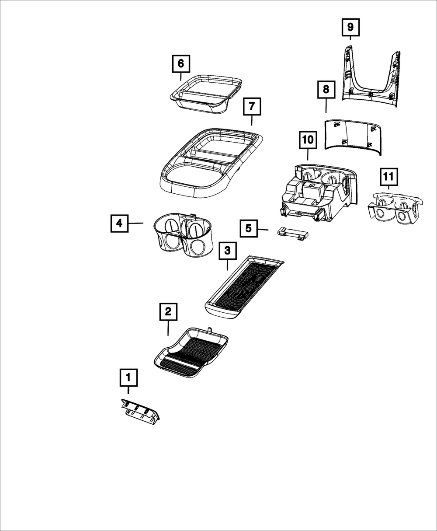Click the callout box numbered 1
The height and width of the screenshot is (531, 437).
128,377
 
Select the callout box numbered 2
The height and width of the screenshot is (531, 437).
168,312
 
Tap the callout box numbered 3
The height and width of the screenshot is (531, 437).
227,251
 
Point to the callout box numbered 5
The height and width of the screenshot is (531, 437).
248,228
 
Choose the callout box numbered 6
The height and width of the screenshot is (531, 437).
180,64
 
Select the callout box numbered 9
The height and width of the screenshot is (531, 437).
350,28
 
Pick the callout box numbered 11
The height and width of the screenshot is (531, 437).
388,177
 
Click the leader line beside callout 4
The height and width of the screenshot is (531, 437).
136,223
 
